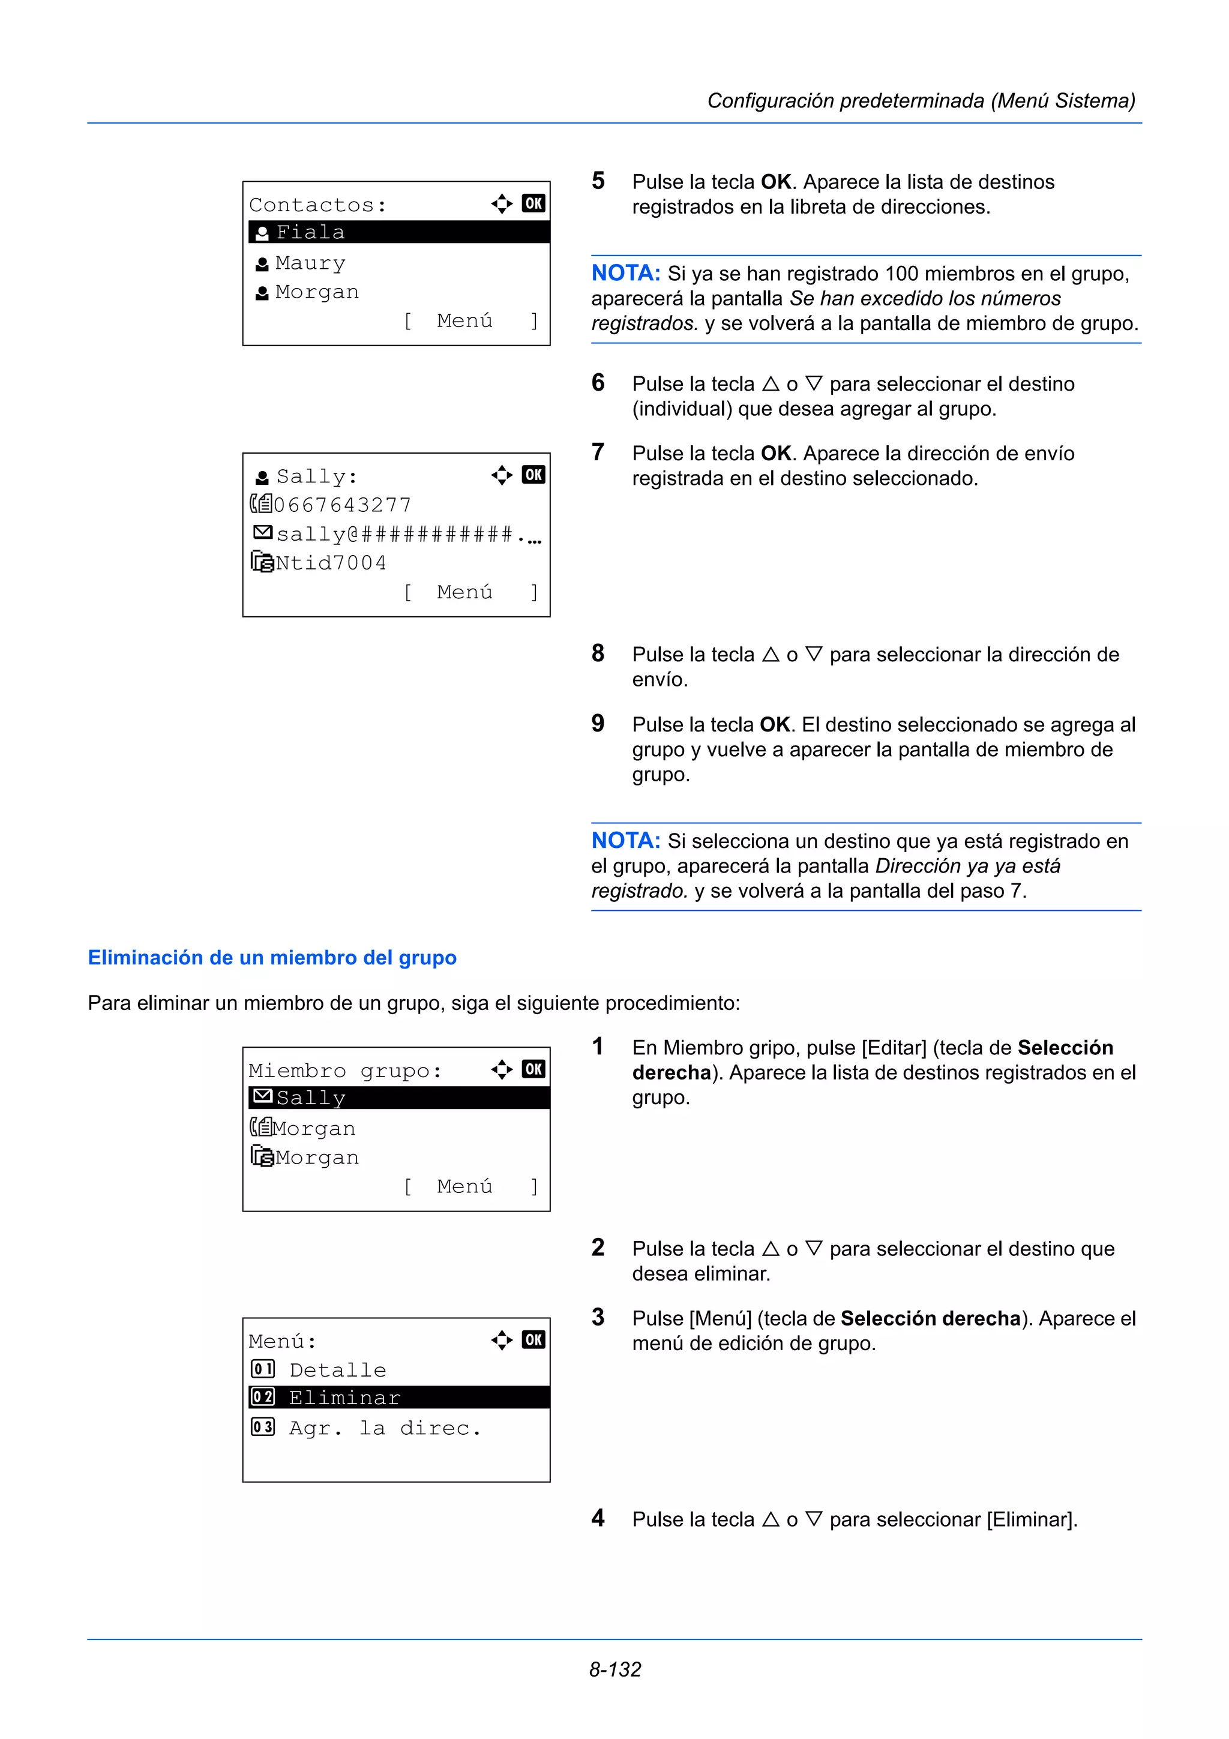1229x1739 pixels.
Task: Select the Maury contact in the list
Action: tap(310, 263)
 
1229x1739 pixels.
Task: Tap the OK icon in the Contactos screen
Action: tap(533, 203)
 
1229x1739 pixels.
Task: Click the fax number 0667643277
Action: tap(341, 505)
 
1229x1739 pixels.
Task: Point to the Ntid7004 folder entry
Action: tap(330, 563)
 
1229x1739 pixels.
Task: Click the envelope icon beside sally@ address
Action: tap(262, 533)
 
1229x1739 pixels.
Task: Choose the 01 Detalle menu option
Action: tap(337, 1369)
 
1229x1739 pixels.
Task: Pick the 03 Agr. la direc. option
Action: tap(384, 1428)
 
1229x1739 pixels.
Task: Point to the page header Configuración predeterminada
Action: tap(920, 101)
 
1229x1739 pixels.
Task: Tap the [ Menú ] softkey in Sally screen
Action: tap(470, 592)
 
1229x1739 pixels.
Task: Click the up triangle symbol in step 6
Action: tap(770, 384)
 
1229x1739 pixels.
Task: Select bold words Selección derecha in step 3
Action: tap(930, 1318)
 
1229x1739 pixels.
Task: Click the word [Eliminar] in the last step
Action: tap(1032, 1519)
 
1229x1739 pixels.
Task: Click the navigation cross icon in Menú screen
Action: tap(501, 1340)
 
